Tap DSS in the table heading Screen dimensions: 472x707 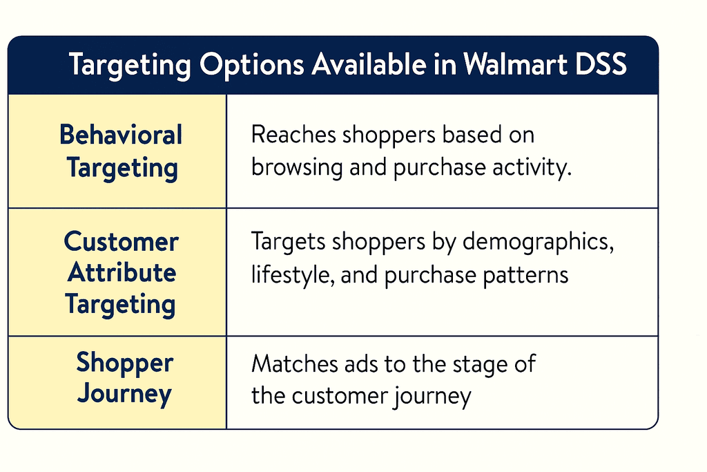603,66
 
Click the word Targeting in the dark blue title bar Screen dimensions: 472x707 129,66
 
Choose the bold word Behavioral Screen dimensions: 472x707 121,135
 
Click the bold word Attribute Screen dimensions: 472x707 121,272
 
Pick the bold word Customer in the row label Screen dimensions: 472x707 121,242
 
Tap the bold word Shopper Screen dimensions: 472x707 124,363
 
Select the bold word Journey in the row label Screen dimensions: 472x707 124,394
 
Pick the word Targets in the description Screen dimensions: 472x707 289,243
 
